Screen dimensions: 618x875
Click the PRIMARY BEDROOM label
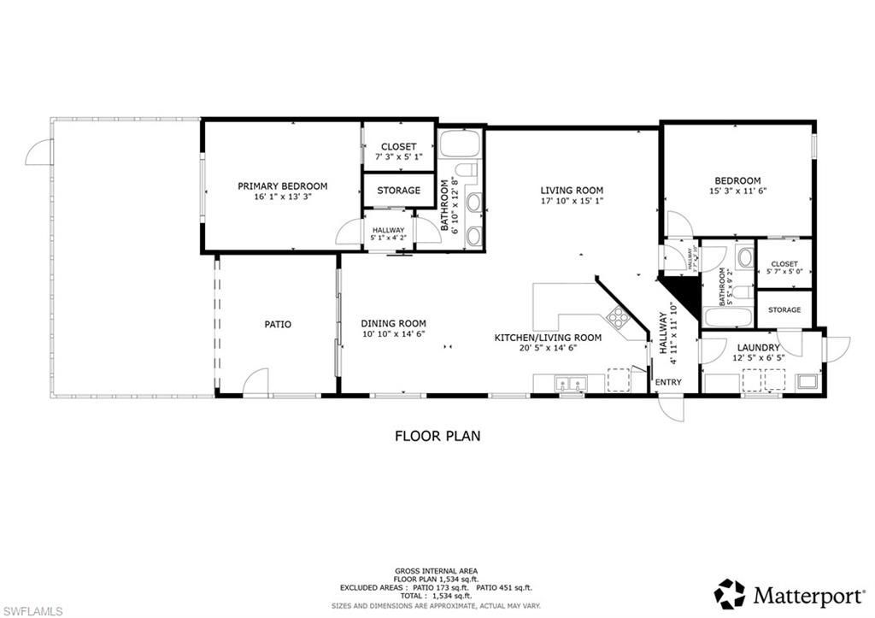[282, 185]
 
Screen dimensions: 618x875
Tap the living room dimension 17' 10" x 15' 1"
[572, 202]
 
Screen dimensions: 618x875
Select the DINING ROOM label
[393, 323]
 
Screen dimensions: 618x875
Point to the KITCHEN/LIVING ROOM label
[548, 338]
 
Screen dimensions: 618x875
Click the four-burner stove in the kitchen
[618, 319]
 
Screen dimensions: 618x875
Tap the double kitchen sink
[569, 384]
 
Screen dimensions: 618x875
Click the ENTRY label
[668, 382]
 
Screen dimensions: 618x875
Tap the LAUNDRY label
[758, 347]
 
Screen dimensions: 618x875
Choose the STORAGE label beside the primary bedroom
[398, 191]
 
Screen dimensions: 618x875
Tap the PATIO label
[277, 324]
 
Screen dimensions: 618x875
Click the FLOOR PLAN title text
[437, 436]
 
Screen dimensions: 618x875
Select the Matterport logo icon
[730, 593]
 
